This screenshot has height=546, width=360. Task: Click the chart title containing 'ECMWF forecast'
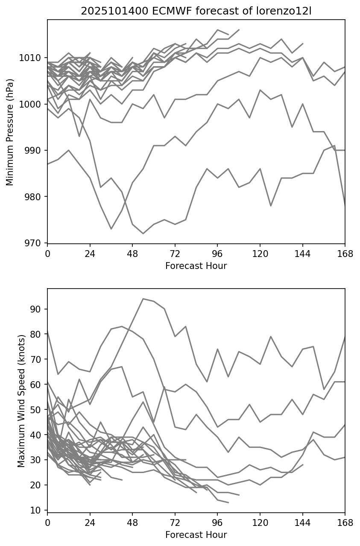196,11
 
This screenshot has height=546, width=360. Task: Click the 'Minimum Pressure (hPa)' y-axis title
10,132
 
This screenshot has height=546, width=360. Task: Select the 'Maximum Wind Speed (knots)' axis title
21,400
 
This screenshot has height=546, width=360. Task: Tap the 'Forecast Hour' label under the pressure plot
196,266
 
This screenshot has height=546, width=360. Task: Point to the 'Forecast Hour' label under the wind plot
196,535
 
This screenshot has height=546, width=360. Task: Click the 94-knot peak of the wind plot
143,299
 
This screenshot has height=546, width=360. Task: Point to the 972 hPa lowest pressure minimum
143,234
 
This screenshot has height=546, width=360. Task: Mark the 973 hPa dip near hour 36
111,229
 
